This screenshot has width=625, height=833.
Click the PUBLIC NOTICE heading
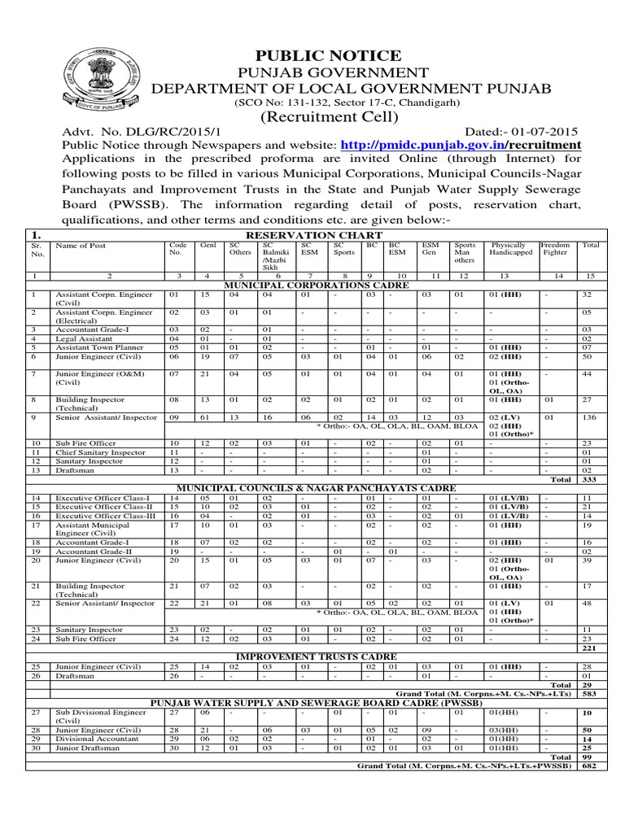point(317,55)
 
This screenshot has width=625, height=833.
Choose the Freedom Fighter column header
point(556,249)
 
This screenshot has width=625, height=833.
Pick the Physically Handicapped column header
point(509,249)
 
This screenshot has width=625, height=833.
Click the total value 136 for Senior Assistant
point(591,417)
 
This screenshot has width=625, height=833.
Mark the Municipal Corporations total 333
point(591,480)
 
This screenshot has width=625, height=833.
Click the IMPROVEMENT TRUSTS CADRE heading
point(317,656)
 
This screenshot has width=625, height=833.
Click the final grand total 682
point(591,767)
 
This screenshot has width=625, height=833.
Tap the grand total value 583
point(591,694)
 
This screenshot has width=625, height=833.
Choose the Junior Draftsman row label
point(85,748)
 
